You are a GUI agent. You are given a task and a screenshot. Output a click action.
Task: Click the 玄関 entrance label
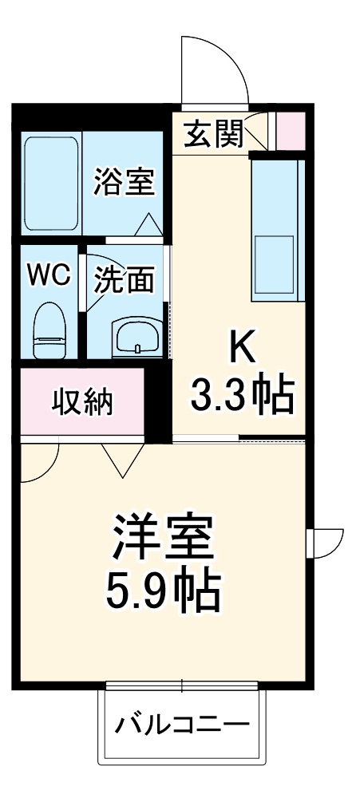click(213, 134)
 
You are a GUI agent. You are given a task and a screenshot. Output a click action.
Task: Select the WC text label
click(49, 276)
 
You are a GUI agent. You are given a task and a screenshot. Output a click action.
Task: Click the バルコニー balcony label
click(182, 726)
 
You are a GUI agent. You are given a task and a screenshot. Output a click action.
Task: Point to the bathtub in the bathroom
click(51, 183)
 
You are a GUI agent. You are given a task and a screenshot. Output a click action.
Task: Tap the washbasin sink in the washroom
click(137, 338)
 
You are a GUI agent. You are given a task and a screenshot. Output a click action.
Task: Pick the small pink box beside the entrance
click(290, 131)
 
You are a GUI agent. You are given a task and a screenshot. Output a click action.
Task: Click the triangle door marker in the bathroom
click(148, 225)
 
